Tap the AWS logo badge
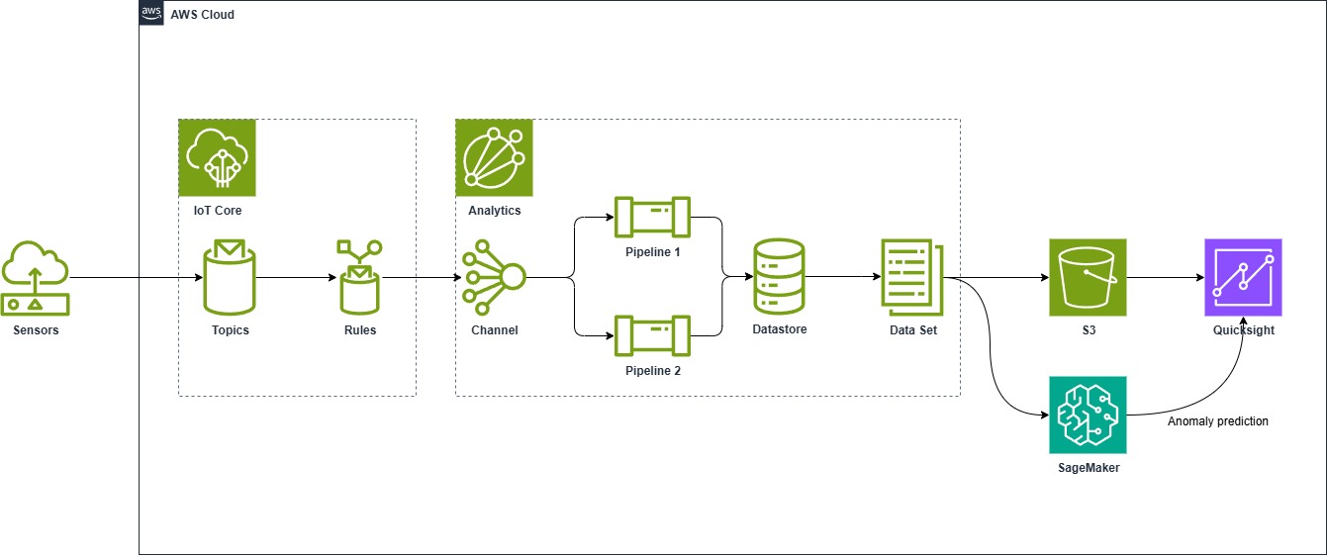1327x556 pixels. click(151, 14)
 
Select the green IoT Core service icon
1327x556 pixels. click(217, 158)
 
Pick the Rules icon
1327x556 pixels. click(359, 278)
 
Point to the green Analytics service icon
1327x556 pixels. click(494, 158)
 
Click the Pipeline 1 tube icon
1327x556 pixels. click(652, 218)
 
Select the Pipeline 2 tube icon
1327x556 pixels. click(652, 336)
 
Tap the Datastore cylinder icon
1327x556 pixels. click(779, 278)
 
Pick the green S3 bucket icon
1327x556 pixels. click(1088, 278)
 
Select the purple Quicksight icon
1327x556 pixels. click(1243, 278)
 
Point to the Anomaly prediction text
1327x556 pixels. click(1217, 421)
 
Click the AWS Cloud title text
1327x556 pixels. click(203, 15)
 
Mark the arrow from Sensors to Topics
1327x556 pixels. click(134, 278)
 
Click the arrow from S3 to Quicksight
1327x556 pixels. click(1165, 278)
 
